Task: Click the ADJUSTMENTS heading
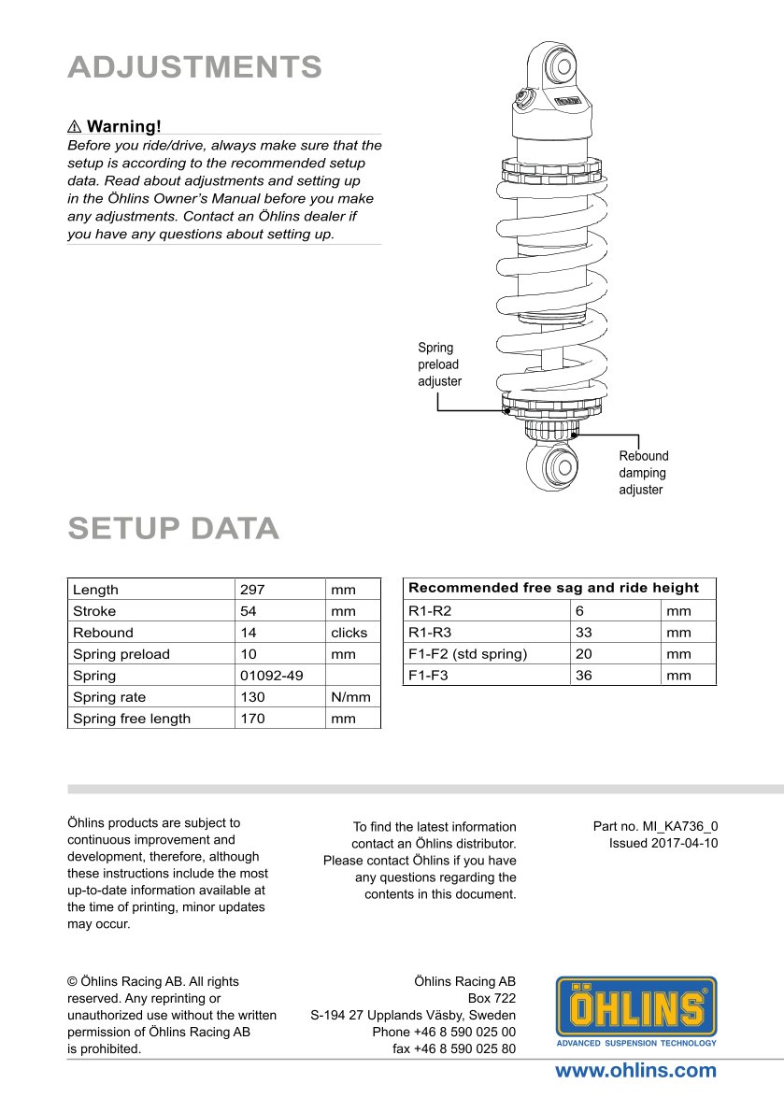[195, 67]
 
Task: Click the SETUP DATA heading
[173, 528]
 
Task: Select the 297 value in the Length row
[252, 590]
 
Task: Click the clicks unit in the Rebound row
[349, 633]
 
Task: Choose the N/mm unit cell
[350, 696]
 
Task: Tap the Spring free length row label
[131, 719]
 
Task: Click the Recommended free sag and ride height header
[553, 588]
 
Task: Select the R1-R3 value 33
[584, 632]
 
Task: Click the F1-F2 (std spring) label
[467, 653]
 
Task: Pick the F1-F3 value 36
[584, 675]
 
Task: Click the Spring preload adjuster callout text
[439, 364]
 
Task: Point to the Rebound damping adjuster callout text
[644, 473]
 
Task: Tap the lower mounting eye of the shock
[559, 467]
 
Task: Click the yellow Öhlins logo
[636, 1010]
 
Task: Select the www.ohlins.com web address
[635, 1071]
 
